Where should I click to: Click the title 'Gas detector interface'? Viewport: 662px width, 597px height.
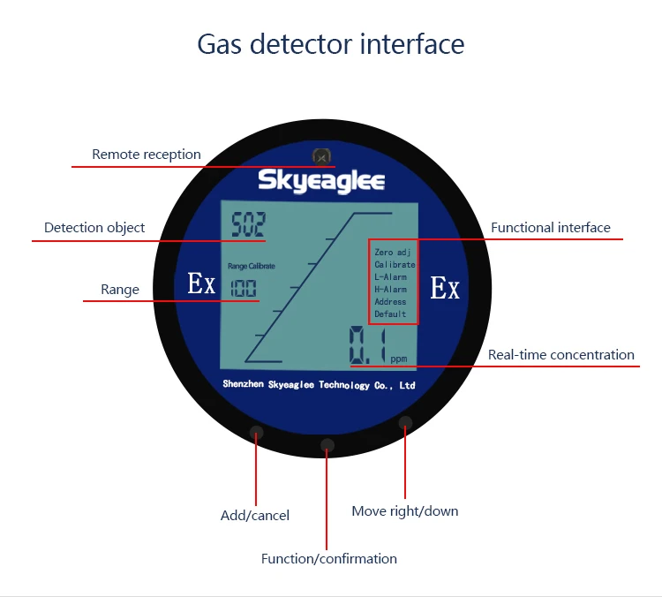(330, 44)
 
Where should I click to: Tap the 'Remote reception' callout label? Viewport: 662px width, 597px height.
(147, 155)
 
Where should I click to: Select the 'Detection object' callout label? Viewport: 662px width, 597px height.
(94, 228)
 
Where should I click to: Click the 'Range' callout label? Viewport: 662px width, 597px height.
(120, 290)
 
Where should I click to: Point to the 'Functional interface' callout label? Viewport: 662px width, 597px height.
(551, 228)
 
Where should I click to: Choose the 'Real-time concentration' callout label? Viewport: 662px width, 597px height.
(561, 355)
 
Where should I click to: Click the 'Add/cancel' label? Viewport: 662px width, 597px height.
(255, 516)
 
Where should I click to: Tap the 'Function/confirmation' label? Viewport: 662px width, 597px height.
(329, 559)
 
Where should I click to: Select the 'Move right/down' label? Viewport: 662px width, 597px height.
(405, 511)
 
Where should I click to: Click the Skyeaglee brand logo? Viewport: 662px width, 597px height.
(321, 181)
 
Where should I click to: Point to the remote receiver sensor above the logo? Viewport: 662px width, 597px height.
(322, 157)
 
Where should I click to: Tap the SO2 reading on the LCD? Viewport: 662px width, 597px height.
(248, 225)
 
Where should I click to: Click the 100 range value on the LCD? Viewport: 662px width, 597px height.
(244, 288)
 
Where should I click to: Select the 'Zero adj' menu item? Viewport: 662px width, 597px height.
(392, 253)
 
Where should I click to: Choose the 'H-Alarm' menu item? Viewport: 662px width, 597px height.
(390, 290)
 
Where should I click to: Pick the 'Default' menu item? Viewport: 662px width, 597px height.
(390, 314)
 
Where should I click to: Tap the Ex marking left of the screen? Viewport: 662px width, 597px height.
(201, 284)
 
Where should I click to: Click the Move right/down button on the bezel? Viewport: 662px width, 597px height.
(405, 422)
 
